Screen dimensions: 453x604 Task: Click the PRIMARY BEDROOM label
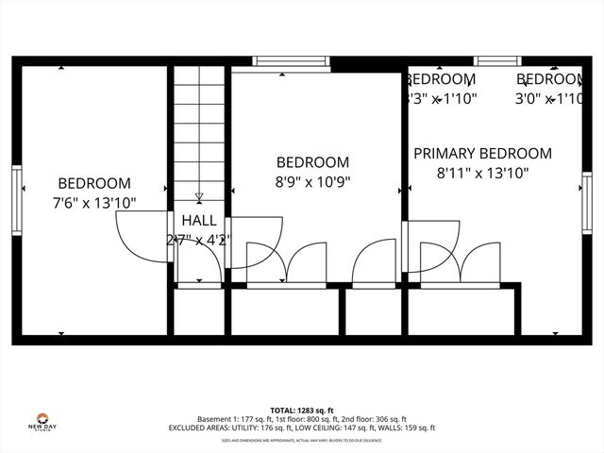coord(482,154)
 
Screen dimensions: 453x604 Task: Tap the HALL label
coord(198,220)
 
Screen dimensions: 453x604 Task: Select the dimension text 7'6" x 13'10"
coord(93,202)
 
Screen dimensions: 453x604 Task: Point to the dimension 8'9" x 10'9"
coord(311,180)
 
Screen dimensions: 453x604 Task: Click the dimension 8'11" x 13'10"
coord(482,173)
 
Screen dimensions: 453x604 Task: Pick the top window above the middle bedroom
coord(292,61)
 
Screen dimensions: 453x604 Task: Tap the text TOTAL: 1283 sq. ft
coord(302,410)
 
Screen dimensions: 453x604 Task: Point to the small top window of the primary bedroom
coord(496,61)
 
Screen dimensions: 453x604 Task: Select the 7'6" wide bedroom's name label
coord(93,183)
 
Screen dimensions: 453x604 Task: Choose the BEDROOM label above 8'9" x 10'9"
coord(311,162)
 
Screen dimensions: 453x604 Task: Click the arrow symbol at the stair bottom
coord(199,197)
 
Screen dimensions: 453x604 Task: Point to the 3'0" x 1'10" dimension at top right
coord(548,97)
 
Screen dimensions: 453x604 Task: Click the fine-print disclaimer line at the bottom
coord(302,440)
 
